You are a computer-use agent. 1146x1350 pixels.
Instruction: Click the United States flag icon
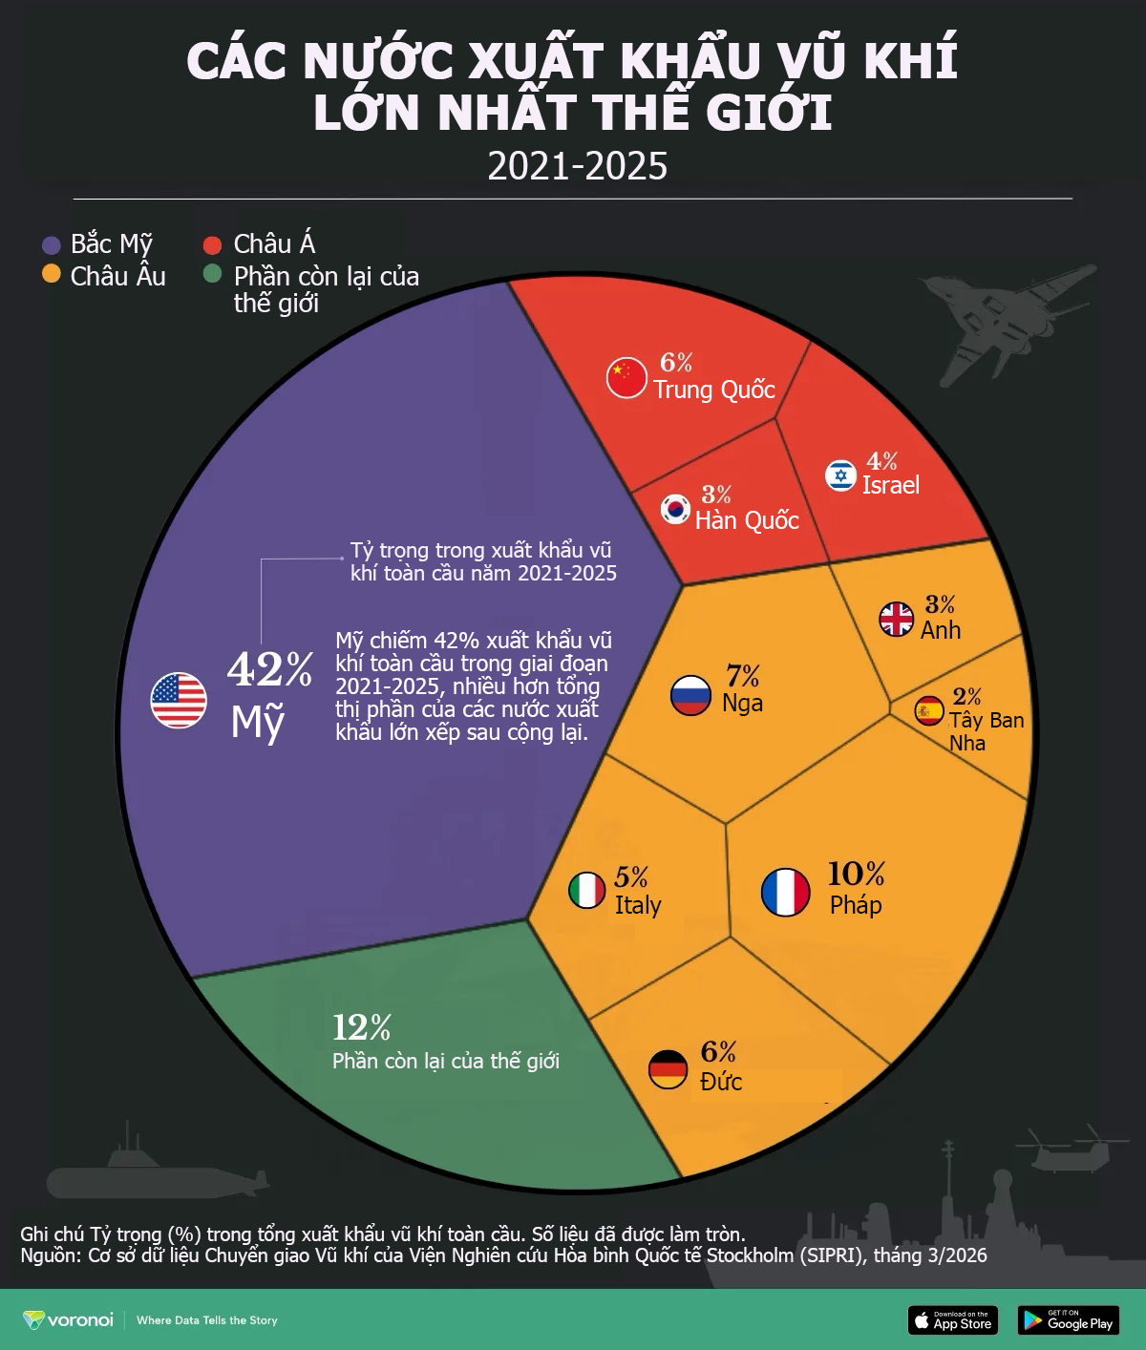click(179, 700)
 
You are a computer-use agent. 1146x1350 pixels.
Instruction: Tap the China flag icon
click(626, 377)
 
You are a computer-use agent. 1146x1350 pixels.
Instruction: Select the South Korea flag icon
click(676, 509)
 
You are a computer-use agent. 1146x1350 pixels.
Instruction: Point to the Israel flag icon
click(840, 475)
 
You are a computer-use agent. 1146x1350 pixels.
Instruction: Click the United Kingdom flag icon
click(897, 619)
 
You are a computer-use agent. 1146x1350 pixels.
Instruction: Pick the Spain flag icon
click(929, 710)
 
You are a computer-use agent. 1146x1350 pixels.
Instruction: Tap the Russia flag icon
click(690, 695)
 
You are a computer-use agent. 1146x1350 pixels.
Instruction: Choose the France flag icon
click(785, 893)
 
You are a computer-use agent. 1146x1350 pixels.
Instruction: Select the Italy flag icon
click(586, 891)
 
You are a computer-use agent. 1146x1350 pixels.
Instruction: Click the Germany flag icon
click(668, 1069)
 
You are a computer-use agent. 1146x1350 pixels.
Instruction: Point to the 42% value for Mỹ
click(269, 669)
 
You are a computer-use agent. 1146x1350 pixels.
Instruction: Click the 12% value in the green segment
click(362, 1027)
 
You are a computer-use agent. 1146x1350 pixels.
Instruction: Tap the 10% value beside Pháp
click(856, 874)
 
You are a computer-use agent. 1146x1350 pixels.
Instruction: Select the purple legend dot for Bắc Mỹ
click(52, 245)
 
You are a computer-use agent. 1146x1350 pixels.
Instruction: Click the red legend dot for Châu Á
click(212, 245)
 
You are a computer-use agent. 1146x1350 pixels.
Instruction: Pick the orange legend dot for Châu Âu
click(52, 275)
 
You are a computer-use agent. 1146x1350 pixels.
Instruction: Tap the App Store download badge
click(952, 1320)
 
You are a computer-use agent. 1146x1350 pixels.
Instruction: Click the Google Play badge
click(1068, 1320)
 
